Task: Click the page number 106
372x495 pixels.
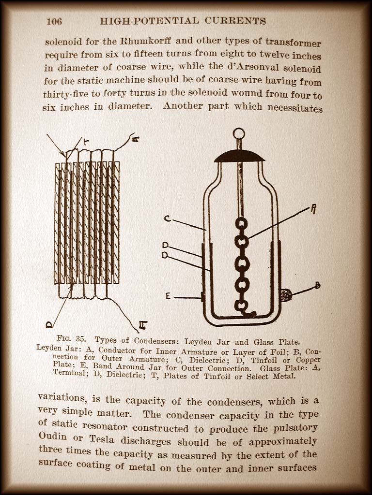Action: pos(54,21)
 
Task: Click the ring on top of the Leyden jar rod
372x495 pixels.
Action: pos(239,133)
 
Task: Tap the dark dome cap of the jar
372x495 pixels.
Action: pos(239,156)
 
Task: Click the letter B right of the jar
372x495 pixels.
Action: pos(317,285)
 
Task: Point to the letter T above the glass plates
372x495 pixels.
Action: pos(86,141)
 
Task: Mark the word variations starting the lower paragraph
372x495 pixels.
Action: pos(61,397)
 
